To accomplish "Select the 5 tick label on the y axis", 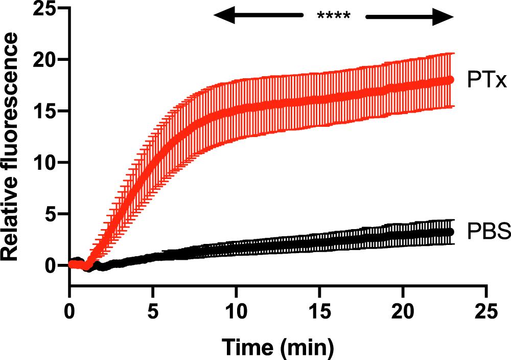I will tap(50, 214).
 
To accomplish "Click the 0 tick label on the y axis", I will tap(50, 265).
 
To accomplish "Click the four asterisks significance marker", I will tap(333, 16).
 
